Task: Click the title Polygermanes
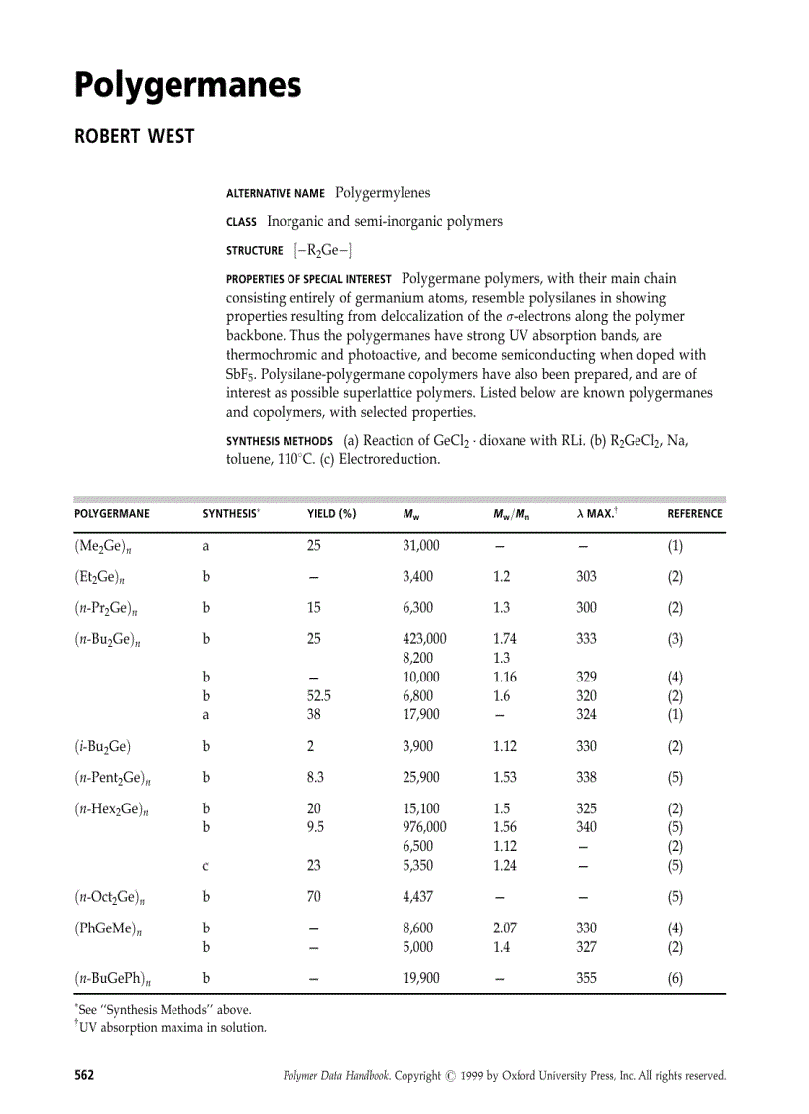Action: pos(187,87)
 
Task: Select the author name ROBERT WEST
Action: pos(134,136)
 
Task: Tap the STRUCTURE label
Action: pos(254,251)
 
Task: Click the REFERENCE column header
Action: pos(694,514)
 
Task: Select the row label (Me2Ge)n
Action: pos(108,546)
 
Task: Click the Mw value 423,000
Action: pos(424,639)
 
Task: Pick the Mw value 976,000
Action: pos(424,827)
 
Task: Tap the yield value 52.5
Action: pos(318,695)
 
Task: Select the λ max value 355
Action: pos(586,978)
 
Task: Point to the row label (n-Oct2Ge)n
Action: pos(112,897)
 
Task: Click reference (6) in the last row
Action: pos(675,978)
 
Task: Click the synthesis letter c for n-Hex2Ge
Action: pos(205,865)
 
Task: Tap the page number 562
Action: pos(84,1075)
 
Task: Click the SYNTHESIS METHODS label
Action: pos(279,442)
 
